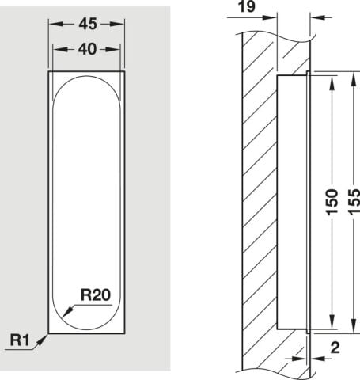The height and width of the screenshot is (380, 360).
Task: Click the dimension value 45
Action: click(88, 24)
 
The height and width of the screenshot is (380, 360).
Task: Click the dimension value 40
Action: click(87, 49)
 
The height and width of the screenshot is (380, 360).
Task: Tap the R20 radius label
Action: click(96, 294)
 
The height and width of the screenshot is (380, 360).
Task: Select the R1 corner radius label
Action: click(20, 340)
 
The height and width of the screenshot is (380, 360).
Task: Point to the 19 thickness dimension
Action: click(247, 6)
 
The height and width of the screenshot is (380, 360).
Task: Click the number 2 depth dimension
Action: click(335, 348)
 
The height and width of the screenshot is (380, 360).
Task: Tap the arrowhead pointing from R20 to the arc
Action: click(67, 311)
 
